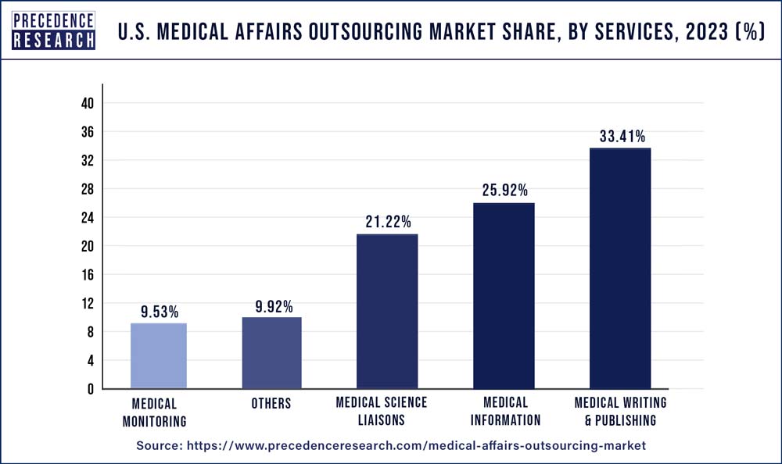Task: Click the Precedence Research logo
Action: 53,30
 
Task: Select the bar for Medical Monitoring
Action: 159,355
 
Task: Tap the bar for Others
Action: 271,352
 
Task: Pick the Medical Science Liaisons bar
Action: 387,311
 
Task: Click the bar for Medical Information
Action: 503,295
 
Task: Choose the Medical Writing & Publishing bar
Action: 620,268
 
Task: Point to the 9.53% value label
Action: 159,312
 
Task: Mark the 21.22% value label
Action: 387,223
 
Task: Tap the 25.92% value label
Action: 504,191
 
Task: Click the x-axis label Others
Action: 271,404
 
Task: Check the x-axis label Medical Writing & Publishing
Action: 620,411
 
